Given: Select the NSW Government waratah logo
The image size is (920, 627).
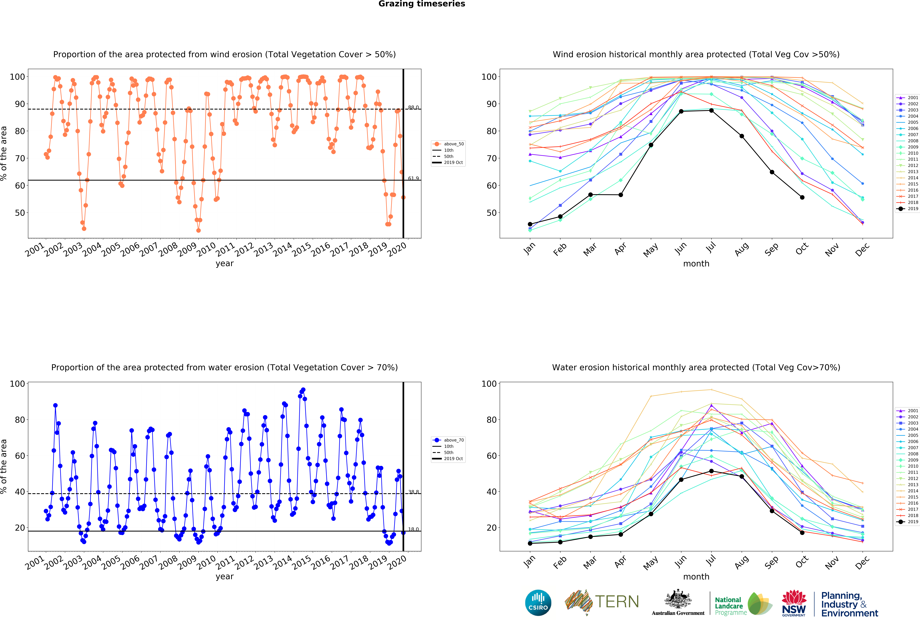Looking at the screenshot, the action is pyautogui.click(x=794, y=603).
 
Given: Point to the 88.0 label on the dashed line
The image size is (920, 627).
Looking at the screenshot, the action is pyautogui.click(x=413, y=107).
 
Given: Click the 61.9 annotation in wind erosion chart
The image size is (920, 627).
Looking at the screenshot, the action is pyautogui.click(x=413, y=178).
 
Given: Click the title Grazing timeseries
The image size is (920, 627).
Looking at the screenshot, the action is pyautogui.click(x=422, y=4).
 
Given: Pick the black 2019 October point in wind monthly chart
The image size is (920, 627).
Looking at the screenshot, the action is pyautogui.click(x=802, y=197).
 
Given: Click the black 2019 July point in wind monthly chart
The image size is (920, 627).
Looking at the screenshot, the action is pyautogui.click(x=711, y=110).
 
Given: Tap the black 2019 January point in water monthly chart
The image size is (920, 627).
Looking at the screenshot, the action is pyautogui.click(x=530, y=543).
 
